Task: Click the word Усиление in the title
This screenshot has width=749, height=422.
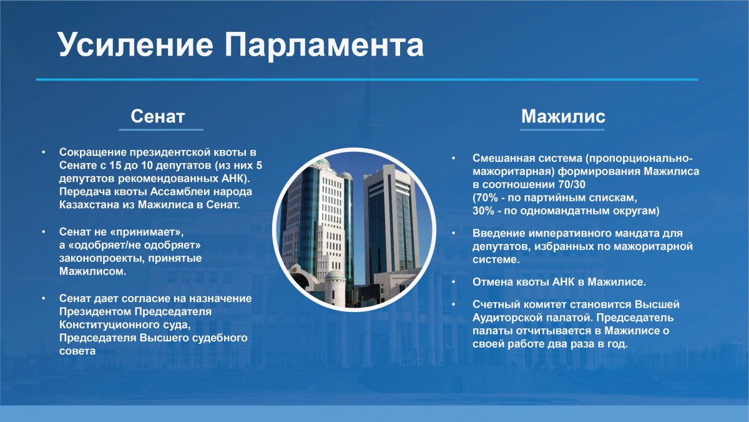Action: point(135,44)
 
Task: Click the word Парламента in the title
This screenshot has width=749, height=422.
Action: point(324,44)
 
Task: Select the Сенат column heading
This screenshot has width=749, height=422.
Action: point(157,116)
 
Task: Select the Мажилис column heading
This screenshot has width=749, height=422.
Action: point(563,116)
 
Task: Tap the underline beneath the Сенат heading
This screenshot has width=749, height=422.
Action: point(161,129)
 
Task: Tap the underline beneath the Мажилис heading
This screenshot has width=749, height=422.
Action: point(562,129)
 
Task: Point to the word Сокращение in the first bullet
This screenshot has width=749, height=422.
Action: point(93,153)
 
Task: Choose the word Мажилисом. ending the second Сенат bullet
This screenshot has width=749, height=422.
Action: point(92,271)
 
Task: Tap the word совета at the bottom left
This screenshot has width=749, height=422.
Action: point(77,351)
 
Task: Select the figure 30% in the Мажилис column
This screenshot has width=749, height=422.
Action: point(483,211)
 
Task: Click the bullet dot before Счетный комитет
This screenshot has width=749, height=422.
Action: point(454,304)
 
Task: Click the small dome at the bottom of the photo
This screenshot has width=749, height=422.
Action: point(335,276)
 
